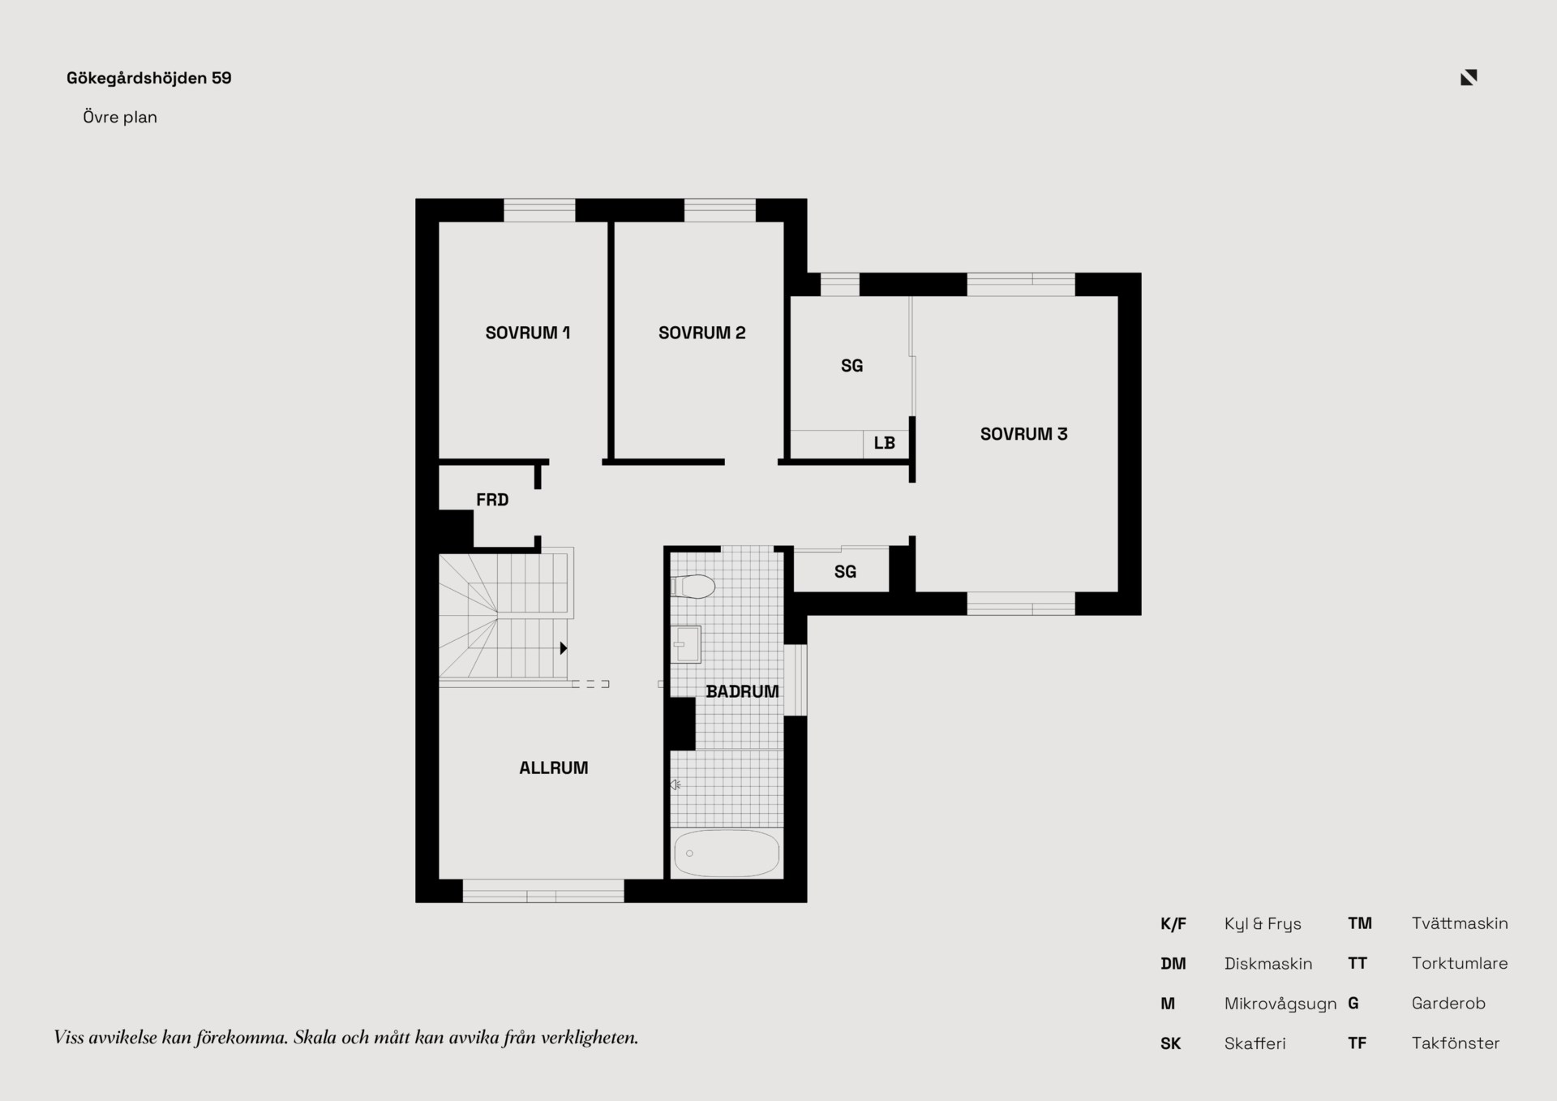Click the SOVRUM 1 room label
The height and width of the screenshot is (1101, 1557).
[527, 333]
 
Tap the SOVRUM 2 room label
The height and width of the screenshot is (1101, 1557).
[701, 333]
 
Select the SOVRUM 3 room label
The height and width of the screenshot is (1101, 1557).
[1023, 434]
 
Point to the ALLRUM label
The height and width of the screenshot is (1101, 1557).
[553, 768]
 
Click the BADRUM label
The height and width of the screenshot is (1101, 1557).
[742, 691]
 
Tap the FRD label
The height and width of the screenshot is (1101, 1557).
[492, 500]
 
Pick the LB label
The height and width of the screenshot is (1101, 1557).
[884, 443]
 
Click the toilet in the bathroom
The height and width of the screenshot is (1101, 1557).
[693, 586]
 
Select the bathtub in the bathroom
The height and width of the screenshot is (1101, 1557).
[727, 853]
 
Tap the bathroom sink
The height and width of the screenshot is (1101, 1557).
[686, 644]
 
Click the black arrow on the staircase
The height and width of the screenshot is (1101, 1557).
[563, 647]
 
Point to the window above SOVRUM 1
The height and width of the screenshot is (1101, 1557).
[539, 210]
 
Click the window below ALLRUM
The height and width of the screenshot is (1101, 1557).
[543, 891]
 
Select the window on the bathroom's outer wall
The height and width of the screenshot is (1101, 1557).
[796, 680]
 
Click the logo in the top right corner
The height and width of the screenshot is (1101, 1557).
[1469, 77]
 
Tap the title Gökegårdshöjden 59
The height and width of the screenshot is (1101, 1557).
[149, 78]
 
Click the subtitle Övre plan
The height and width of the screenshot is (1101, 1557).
[120, 117]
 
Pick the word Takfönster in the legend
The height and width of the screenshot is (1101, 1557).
[1456, 1043]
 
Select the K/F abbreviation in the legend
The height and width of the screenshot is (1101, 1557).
[1173, 923]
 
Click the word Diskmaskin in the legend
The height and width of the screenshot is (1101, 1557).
[1268, 964]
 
